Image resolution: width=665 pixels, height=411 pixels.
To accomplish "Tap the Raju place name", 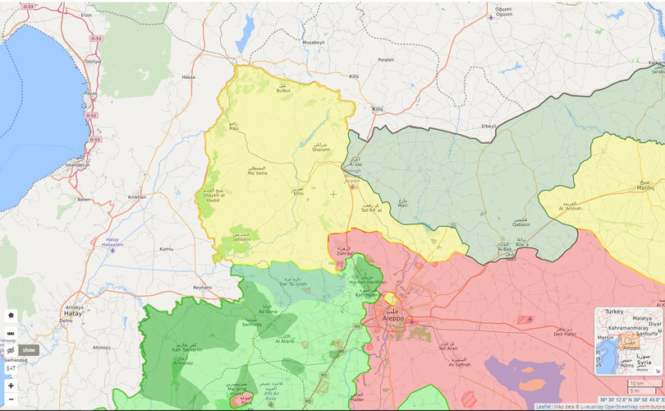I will tap(234, 127).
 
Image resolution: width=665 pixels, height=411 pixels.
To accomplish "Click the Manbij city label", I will tap(645, 187).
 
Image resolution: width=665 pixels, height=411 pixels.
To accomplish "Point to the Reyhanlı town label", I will tap(202, 287).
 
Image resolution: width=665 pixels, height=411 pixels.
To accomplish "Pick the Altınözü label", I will tap(101, 348).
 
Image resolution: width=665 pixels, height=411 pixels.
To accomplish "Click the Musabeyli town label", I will tap(314, 42).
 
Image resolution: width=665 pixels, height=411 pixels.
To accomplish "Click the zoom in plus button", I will tap(11, 386).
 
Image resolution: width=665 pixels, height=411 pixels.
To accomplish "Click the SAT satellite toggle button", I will tap(11, 368).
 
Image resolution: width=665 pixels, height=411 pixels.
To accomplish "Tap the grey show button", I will tap(29, 349).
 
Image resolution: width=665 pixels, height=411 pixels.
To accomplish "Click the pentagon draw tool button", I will tap(11, 315).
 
